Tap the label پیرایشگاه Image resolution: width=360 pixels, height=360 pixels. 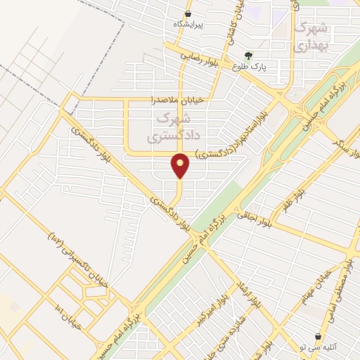tap(188, 25)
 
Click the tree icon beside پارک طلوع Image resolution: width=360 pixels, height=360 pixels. tap(247, 56)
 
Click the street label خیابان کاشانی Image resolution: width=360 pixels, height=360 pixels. tap(230, 28)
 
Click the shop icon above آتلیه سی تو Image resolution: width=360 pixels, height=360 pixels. tap(319, 337)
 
